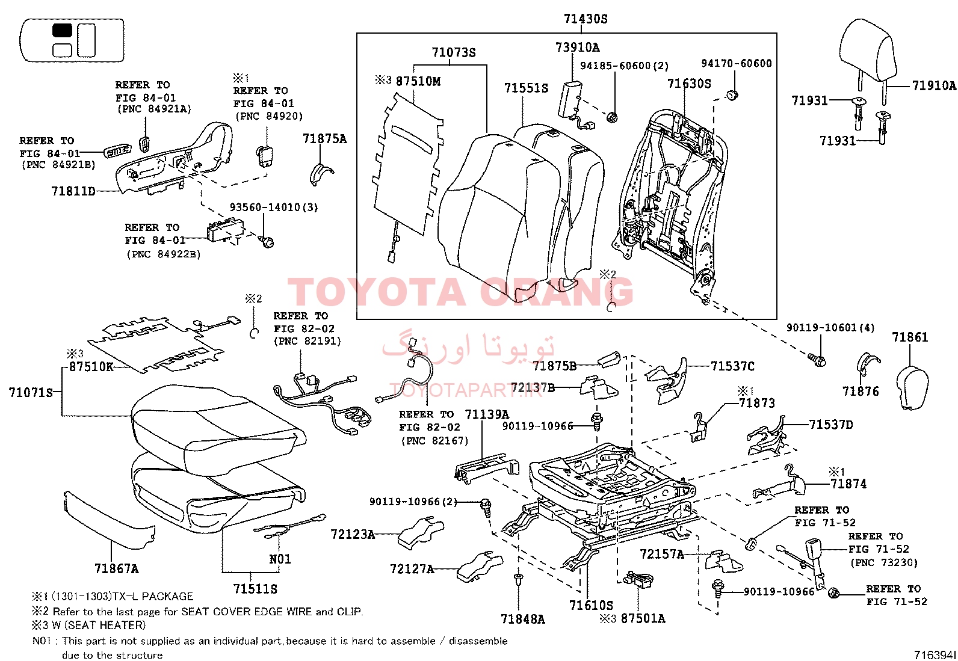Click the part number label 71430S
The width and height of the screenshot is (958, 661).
click(x=586, y=19)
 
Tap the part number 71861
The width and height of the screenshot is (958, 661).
click(x=910, y=337)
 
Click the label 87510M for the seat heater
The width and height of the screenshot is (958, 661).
click(x=418, y=81)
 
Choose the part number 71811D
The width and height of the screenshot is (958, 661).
click(x=73, y=191)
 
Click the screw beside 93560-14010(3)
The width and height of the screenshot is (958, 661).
click(x=267, y=241)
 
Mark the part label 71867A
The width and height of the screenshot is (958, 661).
click(x=116, y=568)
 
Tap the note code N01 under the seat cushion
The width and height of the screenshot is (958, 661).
click(x=280, y=559)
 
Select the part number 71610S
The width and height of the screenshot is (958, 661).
click(x=591, y=605)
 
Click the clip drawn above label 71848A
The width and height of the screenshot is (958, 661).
click(x=518, y=579)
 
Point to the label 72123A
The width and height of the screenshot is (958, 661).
click(x=353, y=534)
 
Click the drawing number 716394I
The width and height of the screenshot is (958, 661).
click(x=935, y=654)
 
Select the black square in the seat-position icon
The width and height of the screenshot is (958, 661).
click(x=63, y=31)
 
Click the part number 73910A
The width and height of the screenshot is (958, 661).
click(x=577, y=48)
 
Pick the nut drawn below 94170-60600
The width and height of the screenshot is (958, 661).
click(x=731, y=94)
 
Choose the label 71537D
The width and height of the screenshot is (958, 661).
click(x=831, y=425)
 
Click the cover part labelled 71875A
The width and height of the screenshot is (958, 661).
click(x=320, y=173)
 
